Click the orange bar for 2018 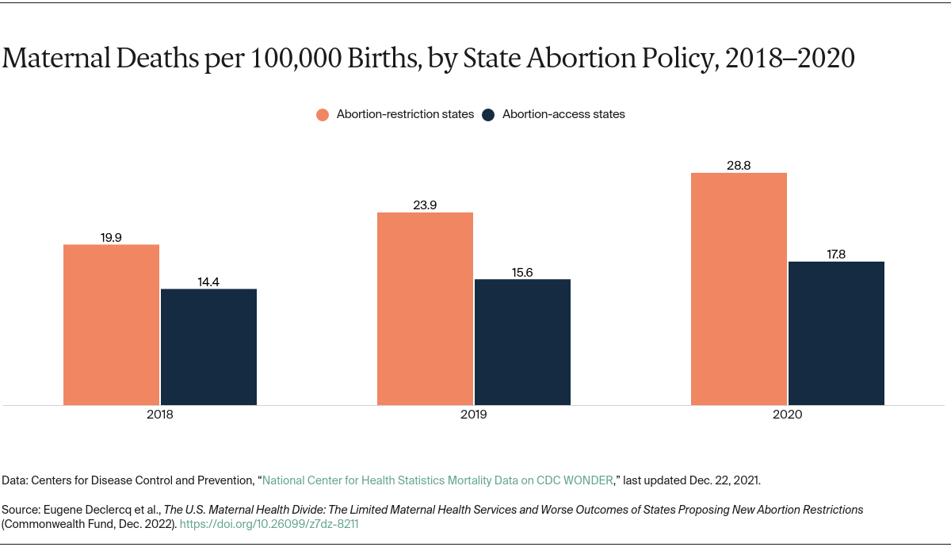[x=111, y=325]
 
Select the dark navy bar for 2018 [x=208, y=347]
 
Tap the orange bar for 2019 [x=425, y=309]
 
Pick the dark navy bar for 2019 [x=522, y=342]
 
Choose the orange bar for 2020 [x=739, y=289]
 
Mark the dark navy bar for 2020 [x=836, y=334]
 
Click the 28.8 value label [x=739, y=165]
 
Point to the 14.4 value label [x=208, y=281]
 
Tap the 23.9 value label [x=425, y=205]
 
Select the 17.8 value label [x=836, y=254]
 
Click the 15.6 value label [x=522, y=271]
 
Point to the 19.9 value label [x=111, y=236]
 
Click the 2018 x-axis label [x=159, y=415]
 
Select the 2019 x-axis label [x=473, y=415]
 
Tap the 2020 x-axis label [x=787, y=415]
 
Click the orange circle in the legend [x=323, y=114]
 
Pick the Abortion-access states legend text [x=563, y=114]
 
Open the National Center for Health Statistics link [x=437, y=480]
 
